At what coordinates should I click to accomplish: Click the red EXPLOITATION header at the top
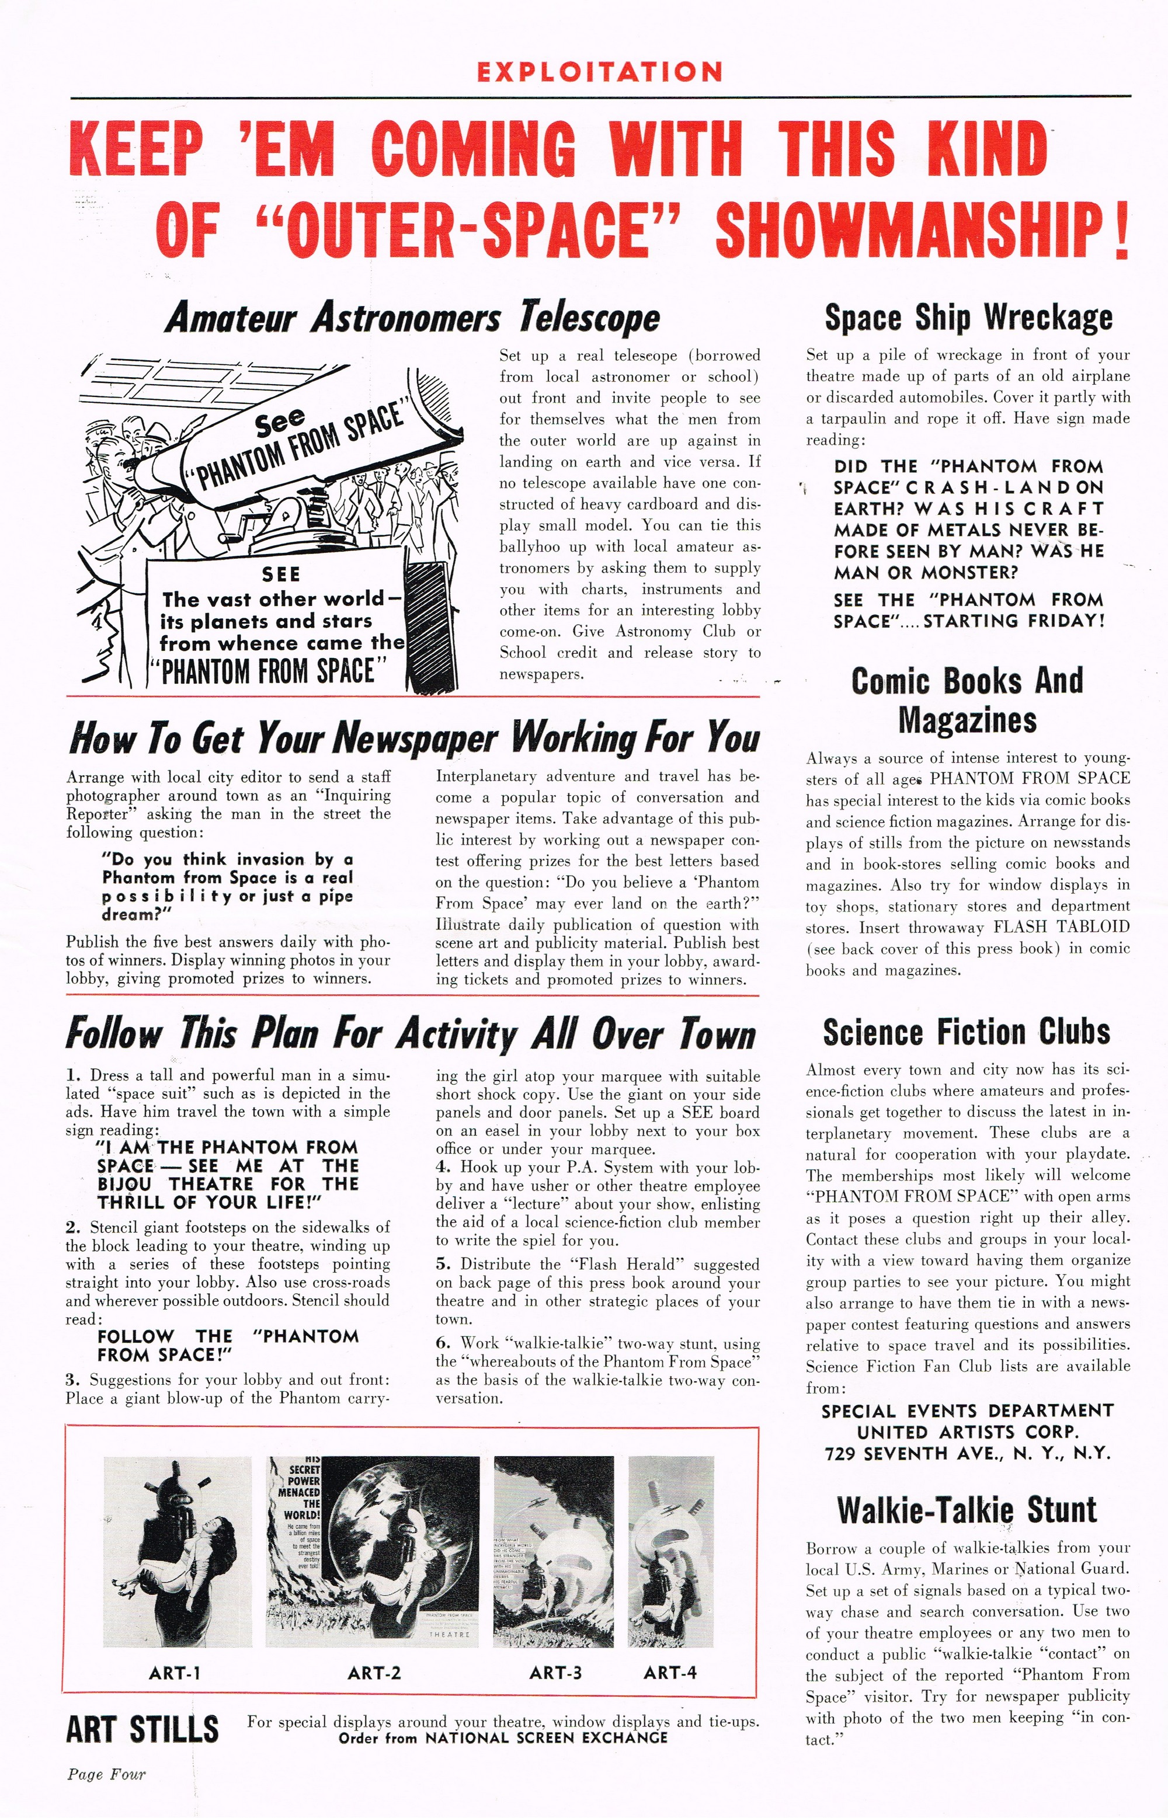(x=599, y=72)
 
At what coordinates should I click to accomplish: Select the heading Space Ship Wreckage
(x=968, y=317)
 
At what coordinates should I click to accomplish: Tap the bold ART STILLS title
(x=142, y=1730)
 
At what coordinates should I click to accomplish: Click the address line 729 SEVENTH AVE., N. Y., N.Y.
(x=967, y=1453)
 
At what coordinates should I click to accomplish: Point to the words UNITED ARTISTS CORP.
(x=967, y=1432)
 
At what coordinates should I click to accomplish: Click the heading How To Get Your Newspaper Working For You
(x=413, y=739)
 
